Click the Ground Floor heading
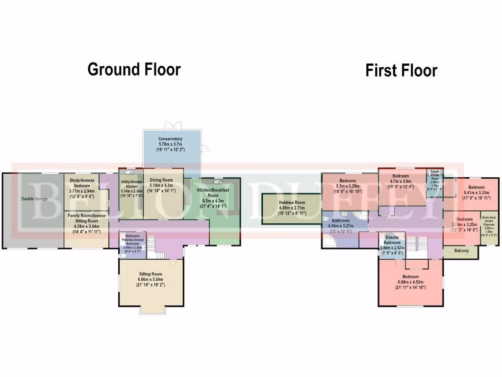click(134, 69)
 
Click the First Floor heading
click(401, 70)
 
